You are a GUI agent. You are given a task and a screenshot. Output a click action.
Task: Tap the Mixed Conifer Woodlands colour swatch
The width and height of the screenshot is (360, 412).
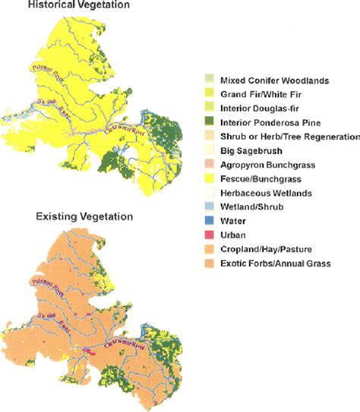[x=209, y=80]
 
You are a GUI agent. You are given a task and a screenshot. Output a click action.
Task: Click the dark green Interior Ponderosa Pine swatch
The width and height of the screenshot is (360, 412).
[x=209, y=123]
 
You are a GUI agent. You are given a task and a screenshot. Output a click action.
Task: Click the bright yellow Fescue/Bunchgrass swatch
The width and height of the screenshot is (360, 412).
[x=209, y=179]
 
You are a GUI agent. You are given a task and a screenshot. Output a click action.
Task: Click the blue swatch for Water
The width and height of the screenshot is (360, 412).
[x=209, y=222]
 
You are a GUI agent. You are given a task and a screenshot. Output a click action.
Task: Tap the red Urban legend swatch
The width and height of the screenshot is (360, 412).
[x=209, y=235]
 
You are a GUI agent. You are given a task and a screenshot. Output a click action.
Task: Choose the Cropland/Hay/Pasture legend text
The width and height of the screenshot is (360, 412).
[x=270, y=250]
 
